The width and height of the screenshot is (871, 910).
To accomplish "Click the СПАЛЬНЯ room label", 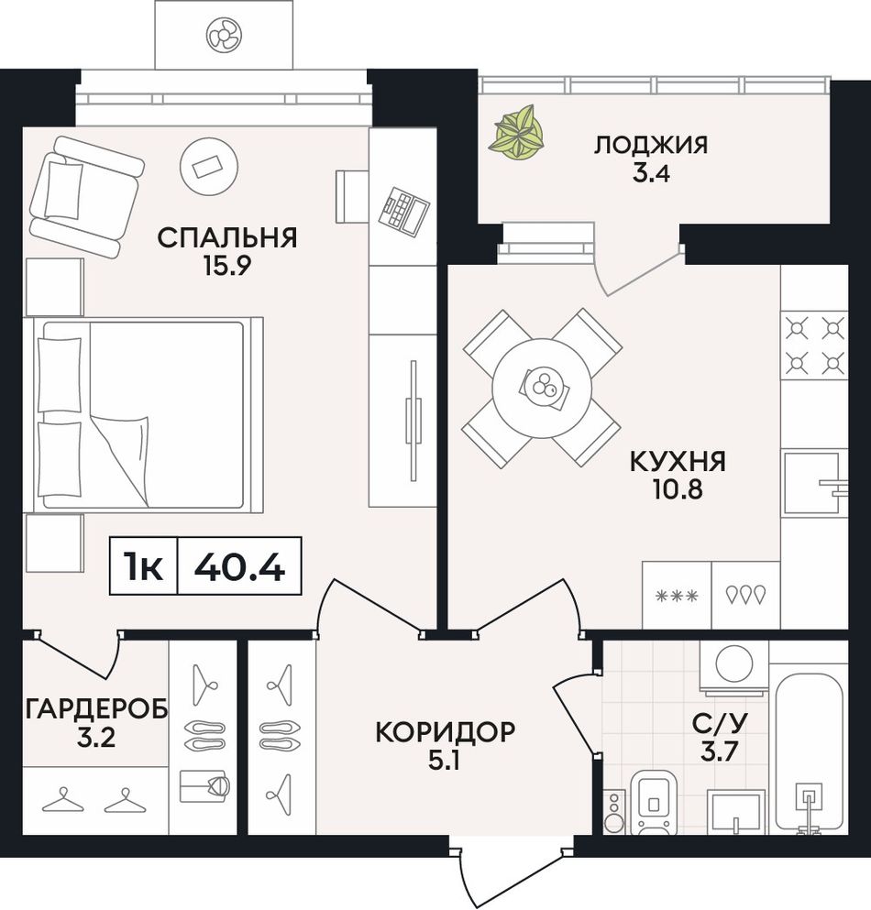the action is [x=227, y=237].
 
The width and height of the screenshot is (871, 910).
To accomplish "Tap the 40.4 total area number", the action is [x=239, y=566].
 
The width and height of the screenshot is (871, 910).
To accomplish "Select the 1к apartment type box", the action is [x=143, y=566].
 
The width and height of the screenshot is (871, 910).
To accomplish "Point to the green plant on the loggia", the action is [x=519, y=132].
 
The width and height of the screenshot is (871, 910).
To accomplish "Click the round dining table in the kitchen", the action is [x=542, y=388].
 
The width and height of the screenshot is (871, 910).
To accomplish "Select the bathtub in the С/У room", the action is [x=810, y=752].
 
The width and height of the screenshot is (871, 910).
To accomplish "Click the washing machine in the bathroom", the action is [x=734, y=666].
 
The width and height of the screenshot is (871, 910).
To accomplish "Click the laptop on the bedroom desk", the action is [x=403, y=212].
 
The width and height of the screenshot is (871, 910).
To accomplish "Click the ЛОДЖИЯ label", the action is [x=651, y=145].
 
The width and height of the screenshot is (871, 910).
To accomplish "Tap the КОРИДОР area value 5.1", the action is [x=444, y=761].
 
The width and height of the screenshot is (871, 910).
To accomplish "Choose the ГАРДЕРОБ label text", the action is [x=96, y=708].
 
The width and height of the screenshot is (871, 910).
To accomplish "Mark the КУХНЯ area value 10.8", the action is [x=678, y=490].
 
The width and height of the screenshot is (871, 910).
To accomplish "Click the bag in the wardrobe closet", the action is [x=205, y=785].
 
